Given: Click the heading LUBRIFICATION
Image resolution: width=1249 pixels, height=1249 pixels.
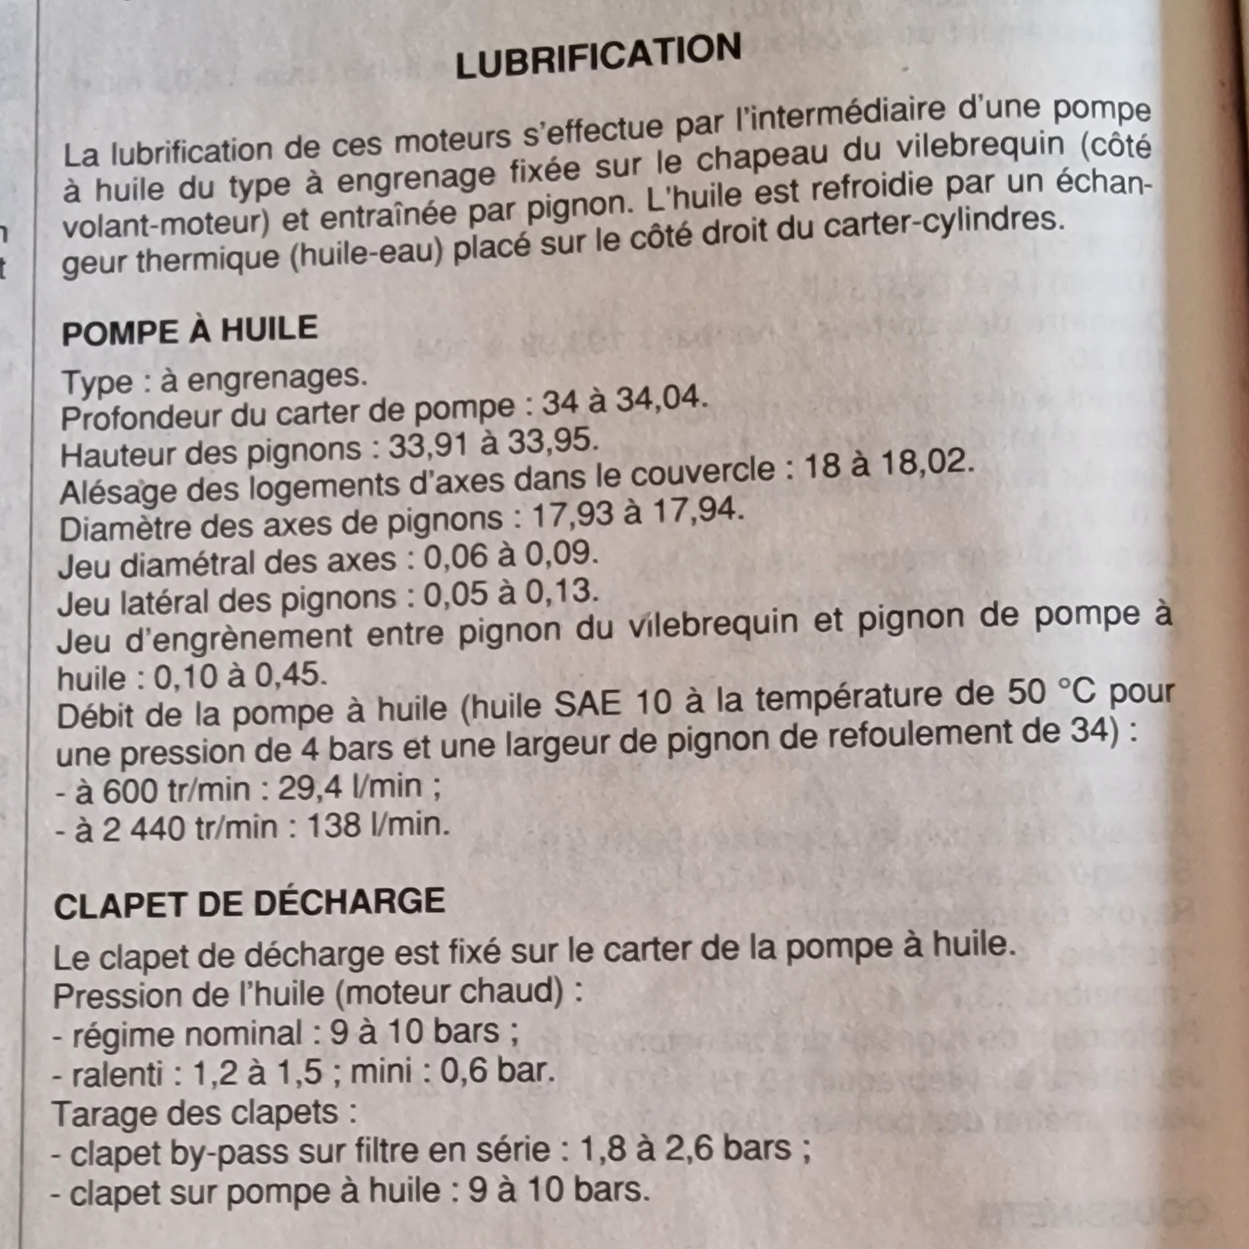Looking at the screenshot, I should click(598, 56).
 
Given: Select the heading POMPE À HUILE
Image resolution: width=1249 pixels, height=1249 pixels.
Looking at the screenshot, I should click(189, 331).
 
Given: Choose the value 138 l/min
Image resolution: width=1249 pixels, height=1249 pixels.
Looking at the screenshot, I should click(378, 827).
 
